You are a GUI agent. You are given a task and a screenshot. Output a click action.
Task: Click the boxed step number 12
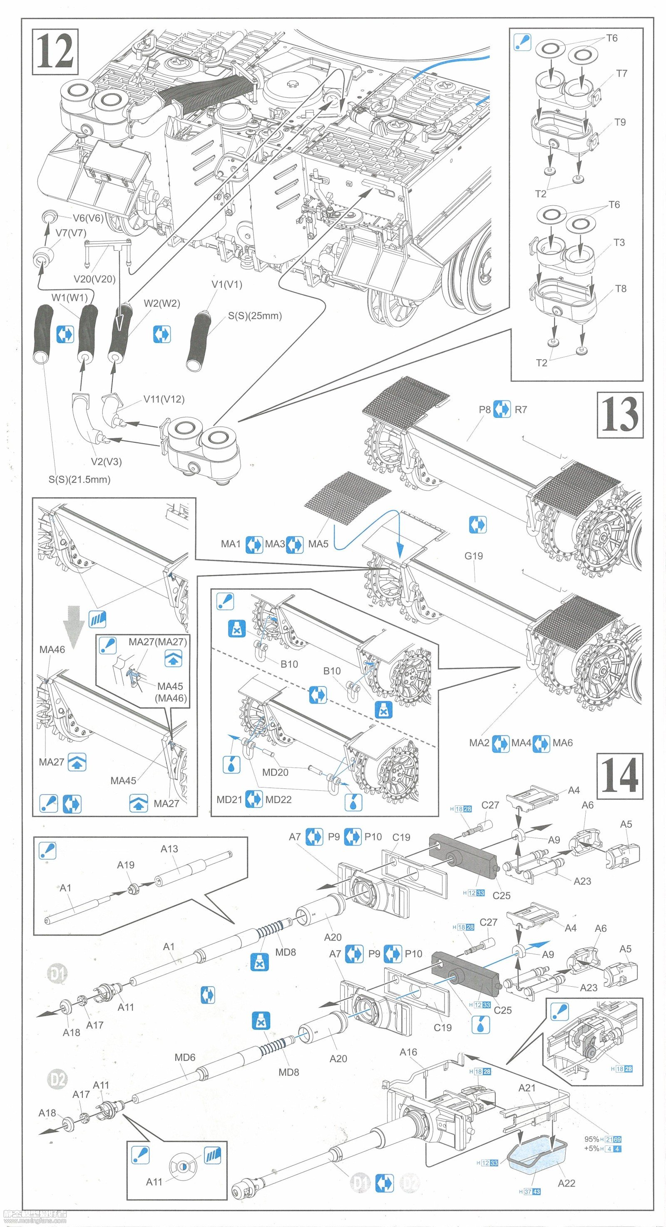55,52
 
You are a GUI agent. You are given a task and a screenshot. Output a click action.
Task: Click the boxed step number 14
619,776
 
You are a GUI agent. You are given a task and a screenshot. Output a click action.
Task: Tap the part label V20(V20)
94,279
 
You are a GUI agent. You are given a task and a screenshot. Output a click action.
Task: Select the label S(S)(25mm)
255,316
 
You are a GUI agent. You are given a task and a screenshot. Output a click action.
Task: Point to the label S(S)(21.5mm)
79,480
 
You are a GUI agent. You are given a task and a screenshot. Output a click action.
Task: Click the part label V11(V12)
164,399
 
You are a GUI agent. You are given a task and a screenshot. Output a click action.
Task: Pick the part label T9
620,122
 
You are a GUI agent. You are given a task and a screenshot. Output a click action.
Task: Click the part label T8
621,289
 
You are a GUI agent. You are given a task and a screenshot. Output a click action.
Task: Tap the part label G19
473,556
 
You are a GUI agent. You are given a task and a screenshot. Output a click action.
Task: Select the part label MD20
275,773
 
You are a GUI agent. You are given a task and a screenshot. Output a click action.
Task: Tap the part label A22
567,1183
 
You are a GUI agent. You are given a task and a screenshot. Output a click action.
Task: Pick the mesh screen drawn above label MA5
347,495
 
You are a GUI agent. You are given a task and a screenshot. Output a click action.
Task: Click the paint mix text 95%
591,1139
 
